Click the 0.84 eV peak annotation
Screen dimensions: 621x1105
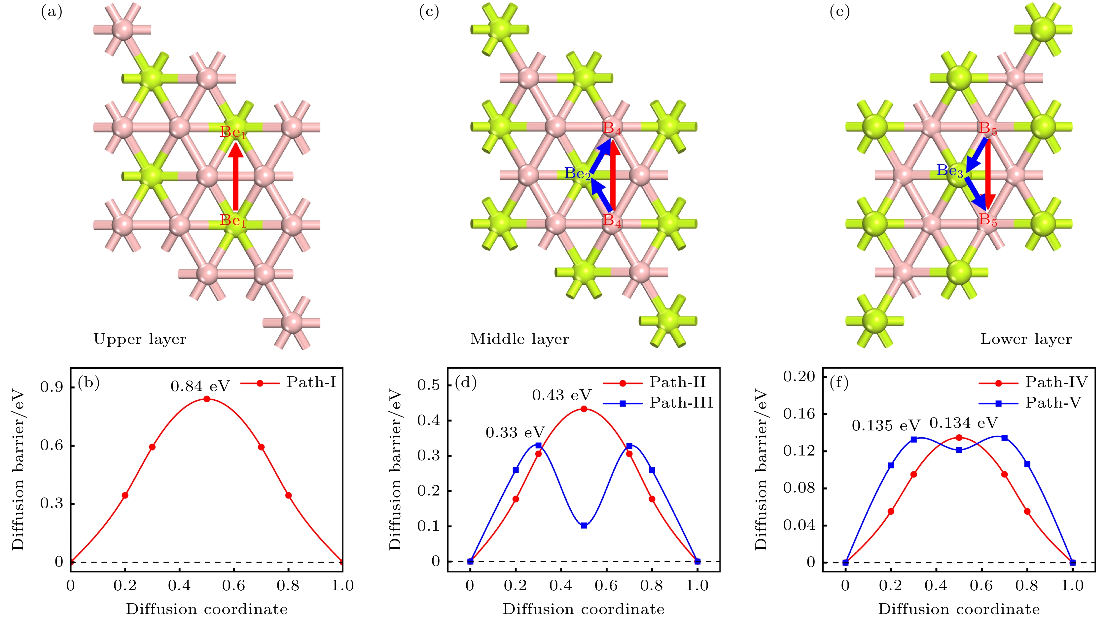(200, 386)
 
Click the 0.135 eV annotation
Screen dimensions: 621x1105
(886, 426)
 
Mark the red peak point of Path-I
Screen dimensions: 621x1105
(207, 399)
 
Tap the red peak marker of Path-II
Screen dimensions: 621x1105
(584, 409)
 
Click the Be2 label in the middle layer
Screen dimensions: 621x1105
(577, 173)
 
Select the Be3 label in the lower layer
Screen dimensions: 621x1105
(950, 171)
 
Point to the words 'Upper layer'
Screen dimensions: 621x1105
(140, 339)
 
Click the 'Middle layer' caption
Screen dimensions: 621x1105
(519, 339)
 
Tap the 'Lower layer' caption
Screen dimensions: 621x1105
(1026, 339)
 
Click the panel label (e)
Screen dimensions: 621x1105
(839, 12)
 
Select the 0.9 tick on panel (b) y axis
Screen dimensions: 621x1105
(52, 387)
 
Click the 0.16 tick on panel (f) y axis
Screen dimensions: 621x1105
(799, 414)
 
